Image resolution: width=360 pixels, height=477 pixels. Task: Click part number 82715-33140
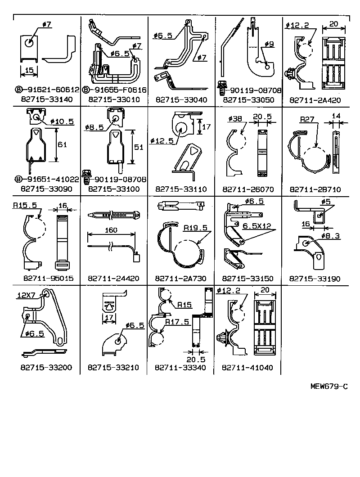47,99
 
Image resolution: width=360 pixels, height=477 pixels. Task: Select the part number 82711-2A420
315,100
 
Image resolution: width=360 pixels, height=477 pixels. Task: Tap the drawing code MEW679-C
328,387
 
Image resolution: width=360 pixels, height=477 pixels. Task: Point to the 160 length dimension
111,230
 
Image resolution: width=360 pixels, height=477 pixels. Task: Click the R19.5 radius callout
195,228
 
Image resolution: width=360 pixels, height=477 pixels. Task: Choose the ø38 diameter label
235,119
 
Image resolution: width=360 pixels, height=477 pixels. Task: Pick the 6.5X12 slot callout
257,226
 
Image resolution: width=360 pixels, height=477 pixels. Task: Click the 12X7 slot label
27,295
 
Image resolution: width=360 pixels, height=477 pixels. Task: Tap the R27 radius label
307,119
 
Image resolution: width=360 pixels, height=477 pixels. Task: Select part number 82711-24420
113,279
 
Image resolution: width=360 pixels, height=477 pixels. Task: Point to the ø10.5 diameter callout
62,121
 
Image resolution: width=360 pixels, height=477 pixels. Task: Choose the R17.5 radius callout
177,322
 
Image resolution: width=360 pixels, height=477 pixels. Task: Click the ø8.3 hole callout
330,236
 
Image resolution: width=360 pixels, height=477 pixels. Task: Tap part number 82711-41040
247,368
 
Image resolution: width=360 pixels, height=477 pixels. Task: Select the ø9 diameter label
269,44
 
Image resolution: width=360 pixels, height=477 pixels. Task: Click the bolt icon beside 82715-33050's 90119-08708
221,87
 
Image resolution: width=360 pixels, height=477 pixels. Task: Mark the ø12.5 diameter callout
162,141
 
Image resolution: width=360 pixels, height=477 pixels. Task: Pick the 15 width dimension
29,70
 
